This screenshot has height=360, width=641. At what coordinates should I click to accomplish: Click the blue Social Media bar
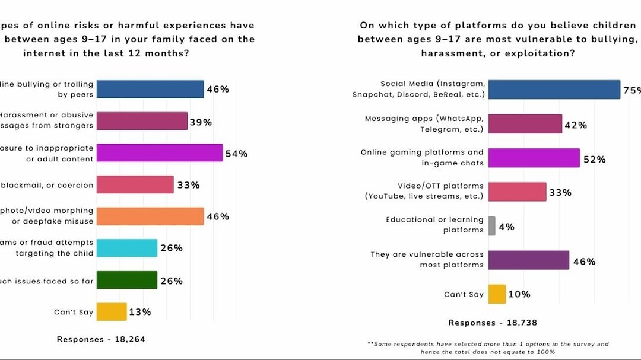[x=554, y=90]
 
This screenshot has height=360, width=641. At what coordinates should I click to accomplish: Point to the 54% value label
[x=236, y=154]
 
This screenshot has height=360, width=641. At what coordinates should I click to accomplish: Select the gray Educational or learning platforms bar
[x=491, y=225]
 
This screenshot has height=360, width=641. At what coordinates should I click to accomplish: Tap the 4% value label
[x=506, y=227]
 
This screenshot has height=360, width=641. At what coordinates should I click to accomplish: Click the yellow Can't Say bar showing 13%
[x=112, y=312]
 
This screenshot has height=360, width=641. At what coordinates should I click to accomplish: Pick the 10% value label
[x=519, y=294]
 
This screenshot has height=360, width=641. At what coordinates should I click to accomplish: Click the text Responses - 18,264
[x=101, y=339]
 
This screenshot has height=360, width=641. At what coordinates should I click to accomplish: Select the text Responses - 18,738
[x=493, y=323]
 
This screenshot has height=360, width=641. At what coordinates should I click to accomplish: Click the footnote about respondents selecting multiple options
[x=488, y=348]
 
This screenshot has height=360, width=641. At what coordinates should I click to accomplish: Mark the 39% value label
[x=201, y=122]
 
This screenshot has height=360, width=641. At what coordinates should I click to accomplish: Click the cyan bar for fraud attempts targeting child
[x=126, y=248]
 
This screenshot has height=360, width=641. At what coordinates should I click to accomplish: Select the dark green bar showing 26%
[x=126, y=281]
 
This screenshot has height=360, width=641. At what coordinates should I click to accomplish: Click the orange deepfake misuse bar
[x=150, y=216]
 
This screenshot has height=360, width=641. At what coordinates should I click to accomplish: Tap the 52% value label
[x=594, y=159]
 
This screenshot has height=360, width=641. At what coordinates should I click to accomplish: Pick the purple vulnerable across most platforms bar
[x=528, y=260]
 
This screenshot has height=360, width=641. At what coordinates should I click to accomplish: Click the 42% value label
[x=575, y=125]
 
